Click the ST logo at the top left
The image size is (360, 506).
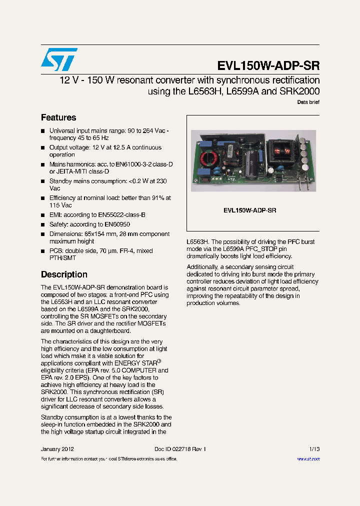point(59,59)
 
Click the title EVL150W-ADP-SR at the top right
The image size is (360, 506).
point(268,66)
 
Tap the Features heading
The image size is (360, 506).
point(58,117)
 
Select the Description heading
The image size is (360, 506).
point(64,274)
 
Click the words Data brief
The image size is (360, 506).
point(308,102)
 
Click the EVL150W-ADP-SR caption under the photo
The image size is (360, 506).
point(249,210)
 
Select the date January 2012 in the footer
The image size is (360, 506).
point(57,449)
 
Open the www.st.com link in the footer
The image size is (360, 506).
point(308,459)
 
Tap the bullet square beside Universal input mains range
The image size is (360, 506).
point(43,131)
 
